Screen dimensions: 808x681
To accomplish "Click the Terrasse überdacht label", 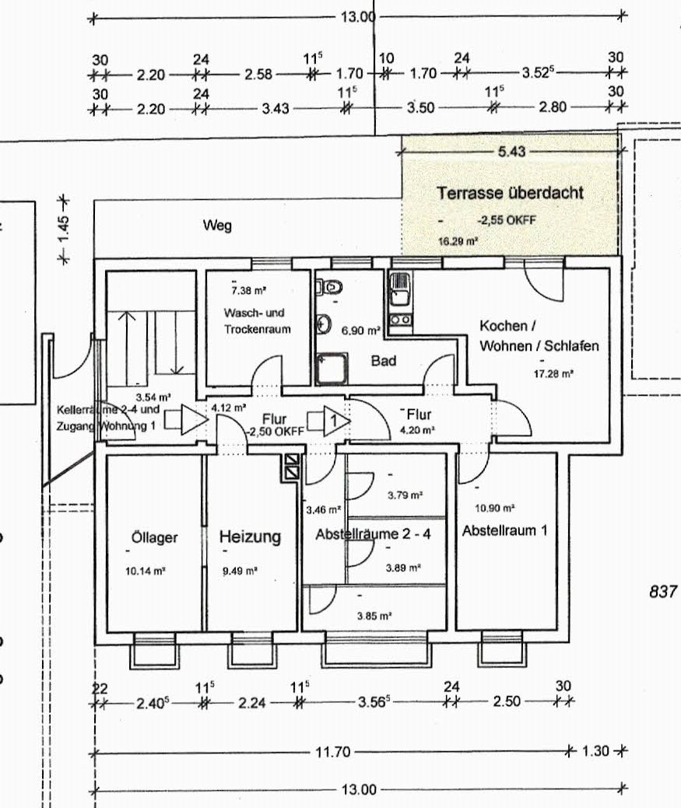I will pyautogui.click(x=510, y=192).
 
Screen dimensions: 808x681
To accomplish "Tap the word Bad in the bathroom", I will pyautogui.click(x=383, y=361).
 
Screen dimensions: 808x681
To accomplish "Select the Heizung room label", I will pyautogui.click(x=250, y=537).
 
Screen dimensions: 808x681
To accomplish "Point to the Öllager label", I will pyautogui.click(x=155, y=537).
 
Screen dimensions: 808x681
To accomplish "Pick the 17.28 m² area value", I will pyautogui.click(x=553, y=374).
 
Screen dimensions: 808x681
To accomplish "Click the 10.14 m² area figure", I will pyautogui.click(x=146, y=570).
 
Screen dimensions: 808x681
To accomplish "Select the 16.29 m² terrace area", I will pyautogui.click(x=457, y=242).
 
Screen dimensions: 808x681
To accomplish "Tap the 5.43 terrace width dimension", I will pyautogui.click(x=511, y=152).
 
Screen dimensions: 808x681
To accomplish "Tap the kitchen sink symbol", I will pyautogui.click(x=401, y=291).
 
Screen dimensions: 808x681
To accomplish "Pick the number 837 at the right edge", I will pyautogui.click(x=663, y=592).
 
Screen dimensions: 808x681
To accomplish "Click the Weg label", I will pyautogui.click(x=217, y=226).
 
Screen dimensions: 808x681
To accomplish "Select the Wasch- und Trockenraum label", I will pyautogui.click(x=257, y=320).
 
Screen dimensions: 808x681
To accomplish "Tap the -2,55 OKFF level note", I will pyautogui.click(x=506, y=220).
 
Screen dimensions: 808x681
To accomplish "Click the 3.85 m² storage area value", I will pyautogui.click(x=374, y=615).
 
